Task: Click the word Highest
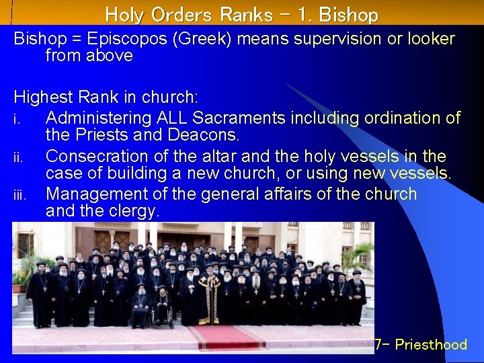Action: coord(42,98)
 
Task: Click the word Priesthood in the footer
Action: coord(431,345)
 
